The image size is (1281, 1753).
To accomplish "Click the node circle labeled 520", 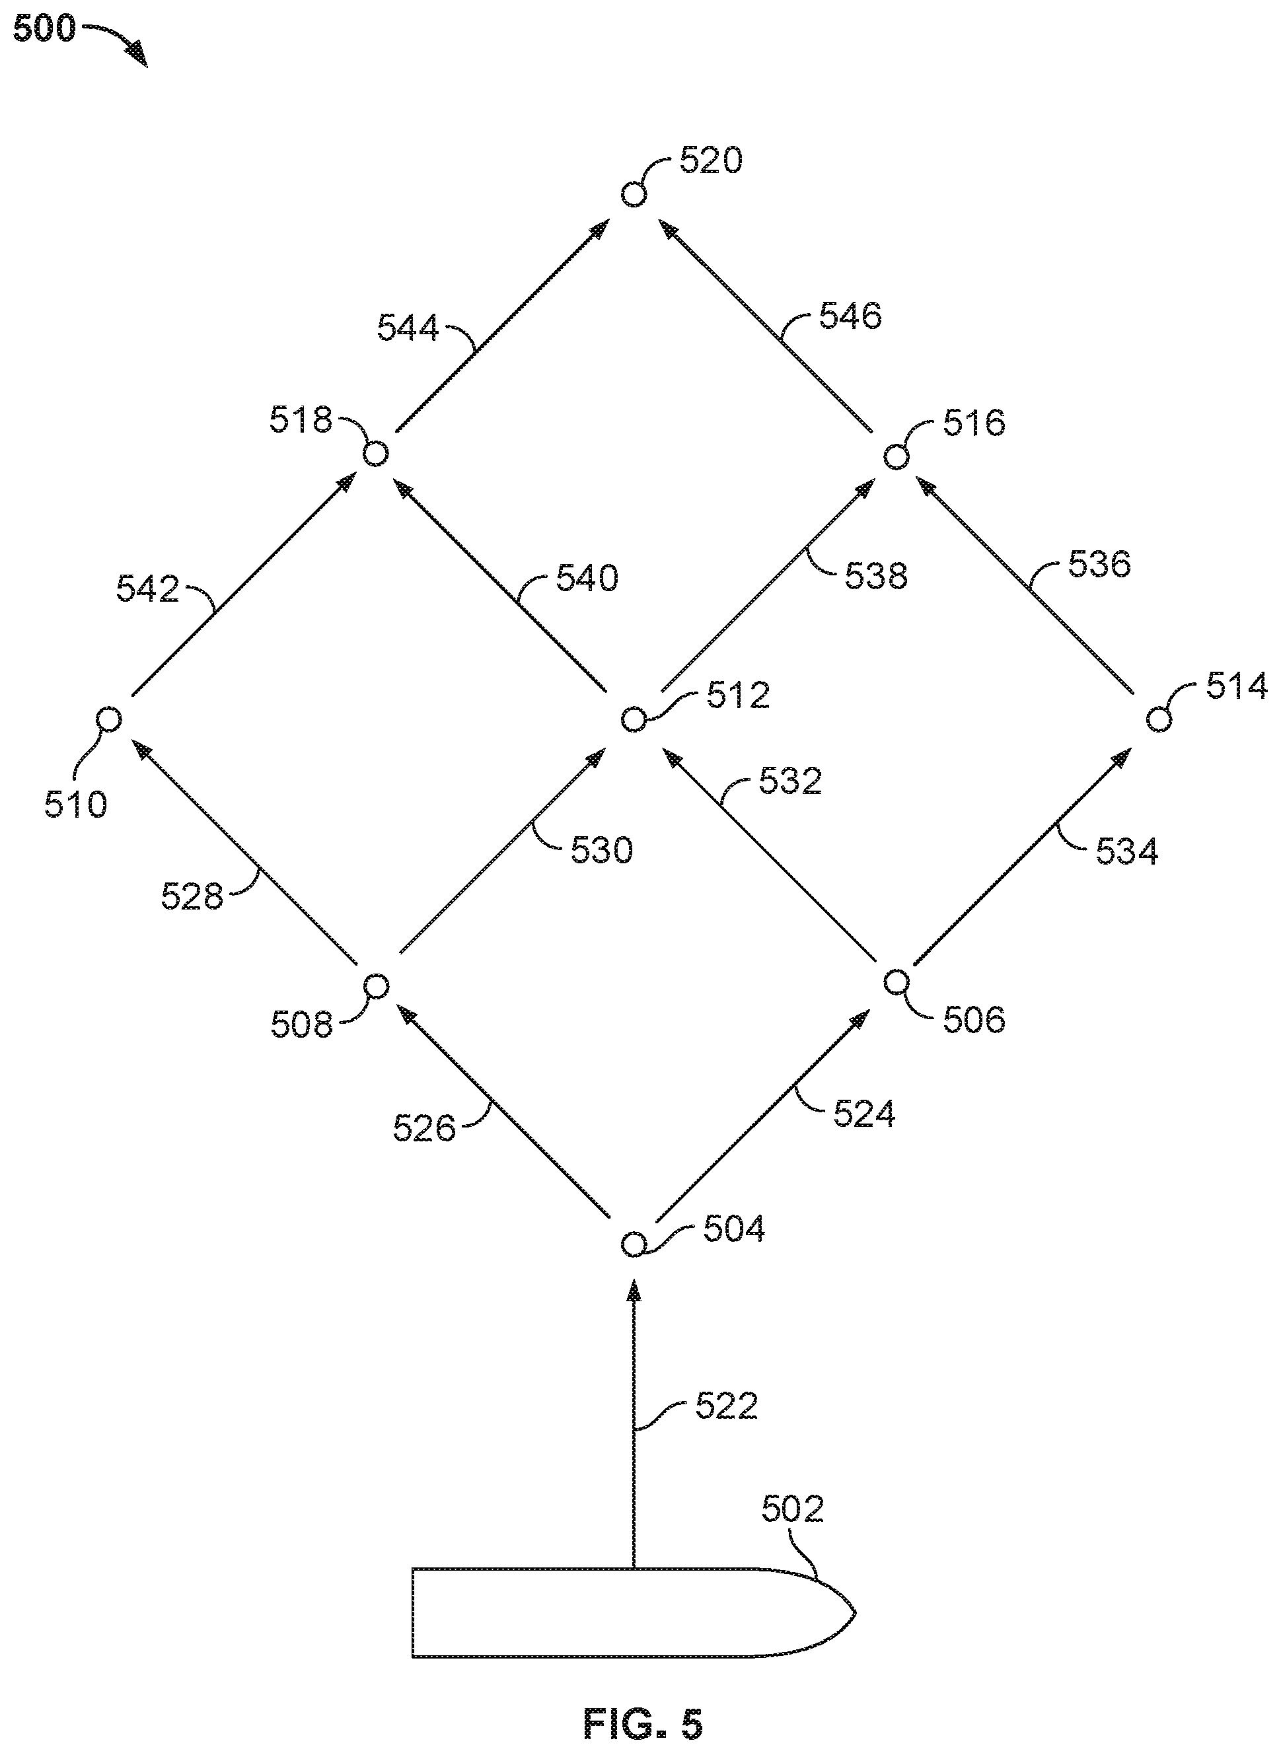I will pyautogui.click(x=634, y=194).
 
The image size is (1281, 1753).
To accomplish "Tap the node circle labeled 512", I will pyautogui.click(x=634, y=719).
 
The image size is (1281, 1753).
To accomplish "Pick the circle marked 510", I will pyautogui.click(x=108, y=719).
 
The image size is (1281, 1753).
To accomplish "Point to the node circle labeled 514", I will pyautogui.click(x=1159, y=719).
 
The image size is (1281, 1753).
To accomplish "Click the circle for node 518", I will pyautogui.click(x=375, y=454).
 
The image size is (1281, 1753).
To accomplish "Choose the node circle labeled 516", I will pyautogui.click(x=897, y=456).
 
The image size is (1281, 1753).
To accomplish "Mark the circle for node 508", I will pyautogui.click(x=376, y=986).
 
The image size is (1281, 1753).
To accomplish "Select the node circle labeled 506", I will pyautogui.click(x=897, y=982).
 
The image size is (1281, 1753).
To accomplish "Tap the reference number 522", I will pyautogui.click(x=726, y=1406).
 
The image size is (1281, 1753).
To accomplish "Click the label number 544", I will pyautogui.click(x=408, y=328).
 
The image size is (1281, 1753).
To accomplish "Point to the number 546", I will pyautogui.click(x=851, y=316).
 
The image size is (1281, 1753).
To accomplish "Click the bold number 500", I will pyautogui.click(x=45, y=30).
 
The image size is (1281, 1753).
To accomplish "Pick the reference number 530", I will pyautogui.click(x=602, y=851).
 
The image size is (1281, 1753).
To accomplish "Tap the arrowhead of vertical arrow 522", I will pyautogui.click(x=634, y=1291).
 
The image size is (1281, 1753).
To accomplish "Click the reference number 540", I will pyautogui.click(x=587, y=579).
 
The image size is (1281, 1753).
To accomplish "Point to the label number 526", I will pyautogui.click(x=423, y=1128).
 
